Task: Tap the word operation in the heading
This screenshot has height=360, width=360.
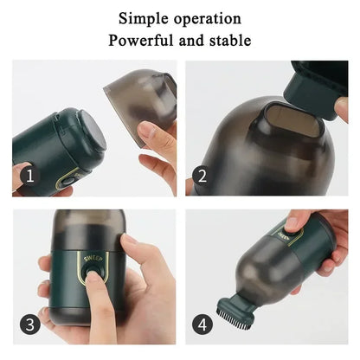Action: tap(209, 18)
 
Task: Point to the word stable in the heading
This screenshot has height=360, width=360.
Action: tap(228, 40)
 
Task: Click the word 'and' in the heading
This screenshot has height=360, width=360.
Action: tap(188, 40)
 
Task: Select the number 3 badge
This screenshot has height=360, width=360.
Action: tap(29, 325)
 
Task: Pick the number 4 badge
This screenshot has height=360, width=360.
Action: tap(202, 325)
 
